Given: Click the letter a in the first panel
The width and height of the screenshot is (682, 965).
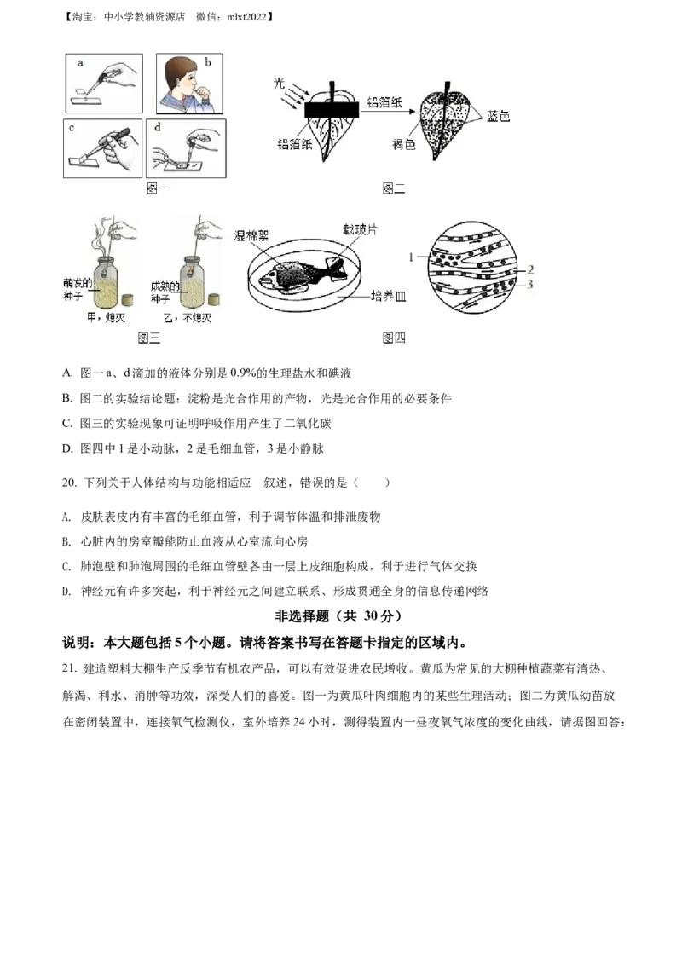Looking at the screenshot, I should pos(80,62).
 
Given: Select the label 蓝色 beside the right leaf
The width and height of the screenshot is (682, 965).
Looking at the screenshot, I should pos(498,116).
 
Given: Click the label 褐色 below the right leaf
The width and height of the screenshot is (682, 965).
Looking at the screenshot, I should pos(404,146).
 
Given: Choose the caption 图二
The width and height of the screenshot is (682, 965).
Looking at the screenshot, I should pos(394,189).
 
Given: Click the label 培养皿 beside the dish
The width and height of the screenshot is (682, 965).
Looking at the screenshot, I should pos(388,297).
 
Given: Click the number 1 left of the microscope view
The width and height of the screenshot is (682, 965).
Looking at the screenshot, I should pos(411,256).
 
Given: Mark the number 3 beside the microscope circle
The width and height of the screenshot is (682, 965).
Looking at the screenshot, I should pos(529,284).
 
